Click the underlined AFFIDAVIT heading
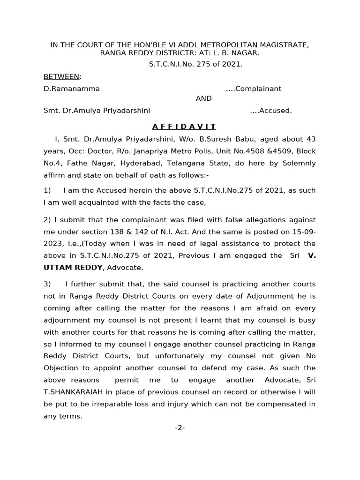click(x=184, y=127)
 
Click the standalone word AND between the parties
click(x=203, y=98)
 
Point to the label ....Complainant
click(x=253, y=89)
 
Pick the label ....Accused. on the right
click(x=270, y=111)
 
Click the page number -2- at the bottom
click(x=180, y=427)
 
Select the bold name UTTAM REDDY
click(x=74, y=268)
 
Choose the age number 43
click(x=311, y=139)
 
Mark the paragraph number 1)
click(x=47, y=190)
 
